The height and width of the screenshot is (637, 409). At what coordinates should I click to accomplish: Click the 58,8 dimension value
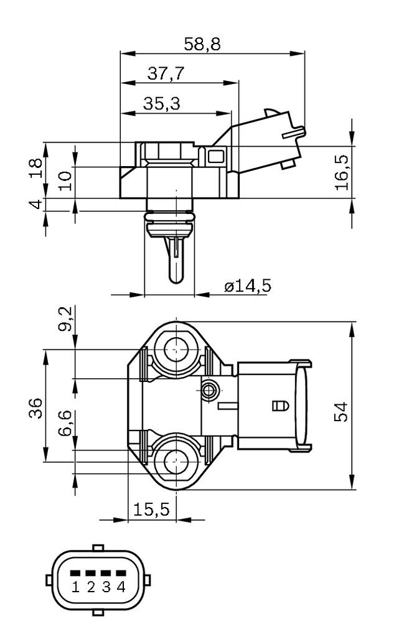[202, 44]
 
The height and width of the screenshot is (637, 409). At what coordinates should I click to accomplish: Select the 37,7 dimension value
[166, 73]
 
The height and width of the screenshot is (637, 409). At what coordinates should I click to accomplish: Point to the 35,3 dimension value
[161, 104]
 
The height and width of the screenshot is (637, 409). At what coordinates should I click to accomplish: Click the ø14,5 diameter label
[248, 286]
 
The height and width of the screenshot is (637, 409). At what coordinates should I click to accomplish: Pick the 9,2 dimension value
[65, 319]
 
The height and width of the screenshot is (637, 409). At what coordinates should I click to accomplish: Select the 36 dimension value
[35, 408]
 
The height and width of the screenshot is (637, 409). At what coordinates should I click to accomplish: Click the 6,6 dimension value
[65, 423]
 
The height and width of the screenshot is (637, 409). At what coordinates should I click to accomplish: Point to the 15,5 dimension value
[151, 509]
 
